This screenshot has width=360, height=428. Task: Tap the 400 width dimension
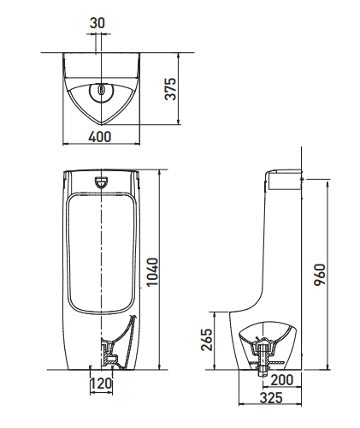coord(102,136)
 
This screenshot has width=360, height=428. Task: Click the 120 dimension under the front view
coord(102,384)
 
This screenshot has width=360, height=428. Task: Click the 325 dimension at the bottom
coord(272,399)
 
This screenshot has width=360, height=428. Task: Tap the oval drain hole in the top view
coord(102,89)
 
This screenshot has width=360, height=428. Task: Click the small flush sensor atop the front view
coord(102,181)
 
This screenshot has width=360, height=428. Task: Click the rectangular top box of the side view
coord(286,179)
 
